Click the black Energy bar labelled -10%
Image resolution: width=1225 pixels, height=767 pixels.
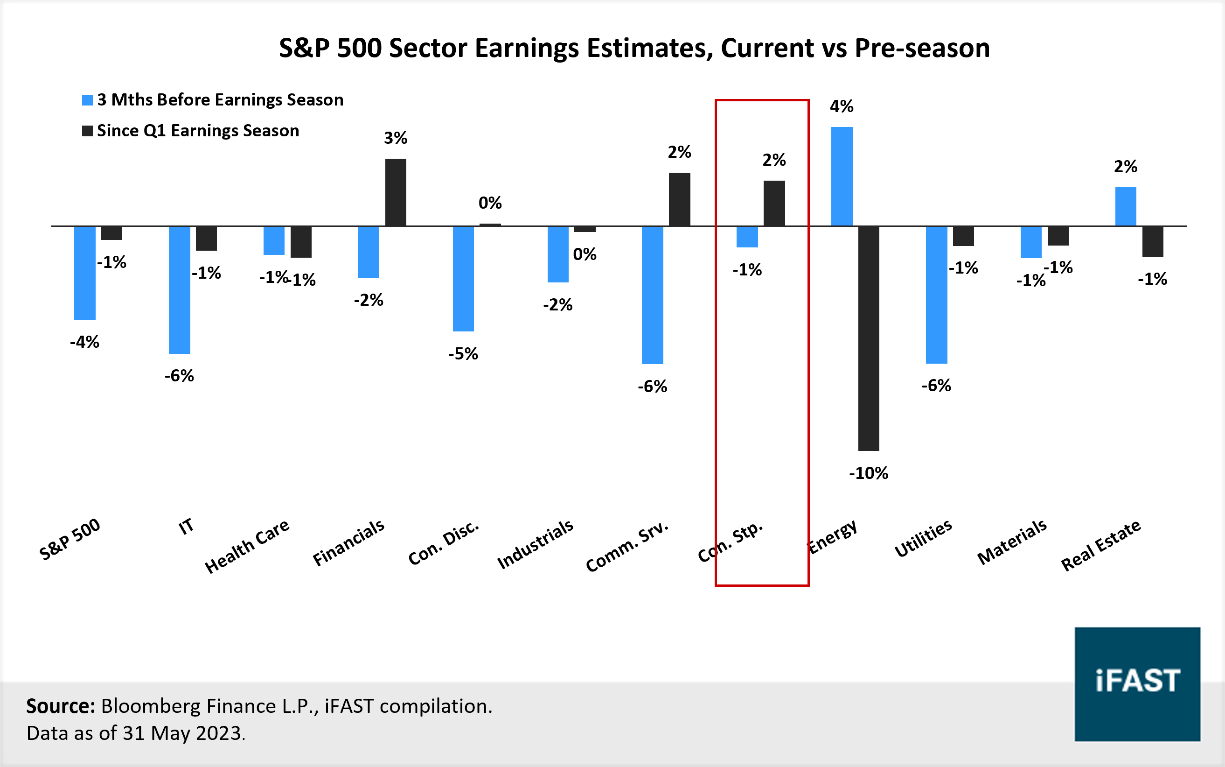pyautogui.click(x=868, y=338)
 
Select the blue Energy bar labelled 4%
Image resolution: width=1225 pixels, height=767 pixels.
pyautogui.click(x=842, y=176)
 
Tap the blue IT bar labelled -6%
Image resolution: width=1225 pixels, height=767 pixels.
pyautogui.click(x=180, y=289)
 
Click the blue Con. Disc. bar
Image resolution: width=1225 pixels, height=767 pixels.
pyautogui.click(x=463, y=279)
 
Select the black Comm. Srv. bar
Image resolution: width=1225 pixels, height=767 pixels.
pyautogui.click(x=679, y=199)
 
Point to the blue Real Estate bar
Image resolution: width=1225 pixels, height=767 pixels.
pyautogui.click(x=1125, y=206)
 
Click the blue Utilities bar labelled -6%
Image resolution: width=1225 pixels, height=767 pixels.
pyautogui.click(x=936, y=295)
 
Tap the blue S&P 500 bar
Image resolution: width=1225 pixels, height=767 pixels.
pyautogui.click(x=84, y=273)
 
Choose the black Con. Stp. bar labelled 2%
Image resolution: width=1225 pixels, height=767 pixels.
pyautogui.click(x=774, y=204)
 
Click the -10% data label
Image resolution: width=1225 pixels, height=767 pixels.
pyautogui.click(x=868, y=473)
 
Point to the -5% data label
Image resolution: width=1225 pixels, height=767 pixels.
pyautogui.click(x=463, y=353)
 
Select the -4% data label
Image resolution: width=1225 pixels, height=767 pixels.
pyautogui.click(x=84, y=342)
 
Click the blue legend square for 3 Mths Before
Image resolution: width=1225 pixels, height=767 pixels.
pyautogui.click(x=87, y=100)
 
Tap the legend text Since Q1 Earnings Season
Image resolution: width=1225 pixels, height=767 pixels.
pyautogui.click(x=198, y=131)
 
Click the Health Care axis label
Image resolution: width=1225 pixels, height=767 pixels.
pyautogui.click(x=247, y=546)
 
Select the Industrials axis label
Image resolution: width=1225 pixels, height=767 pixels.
pyautogui.click(x=535, y=544)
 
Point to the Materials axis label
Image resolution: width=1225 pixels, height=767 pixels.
pyautogui.click(x=1012, y=542)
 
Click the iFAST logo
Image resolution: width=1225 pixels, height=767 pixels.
pyautogui.click(x=1137, y=684)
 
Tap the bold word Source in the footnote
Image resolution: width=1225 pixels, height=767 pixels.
pyautogui.click(x=60, y=706)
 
